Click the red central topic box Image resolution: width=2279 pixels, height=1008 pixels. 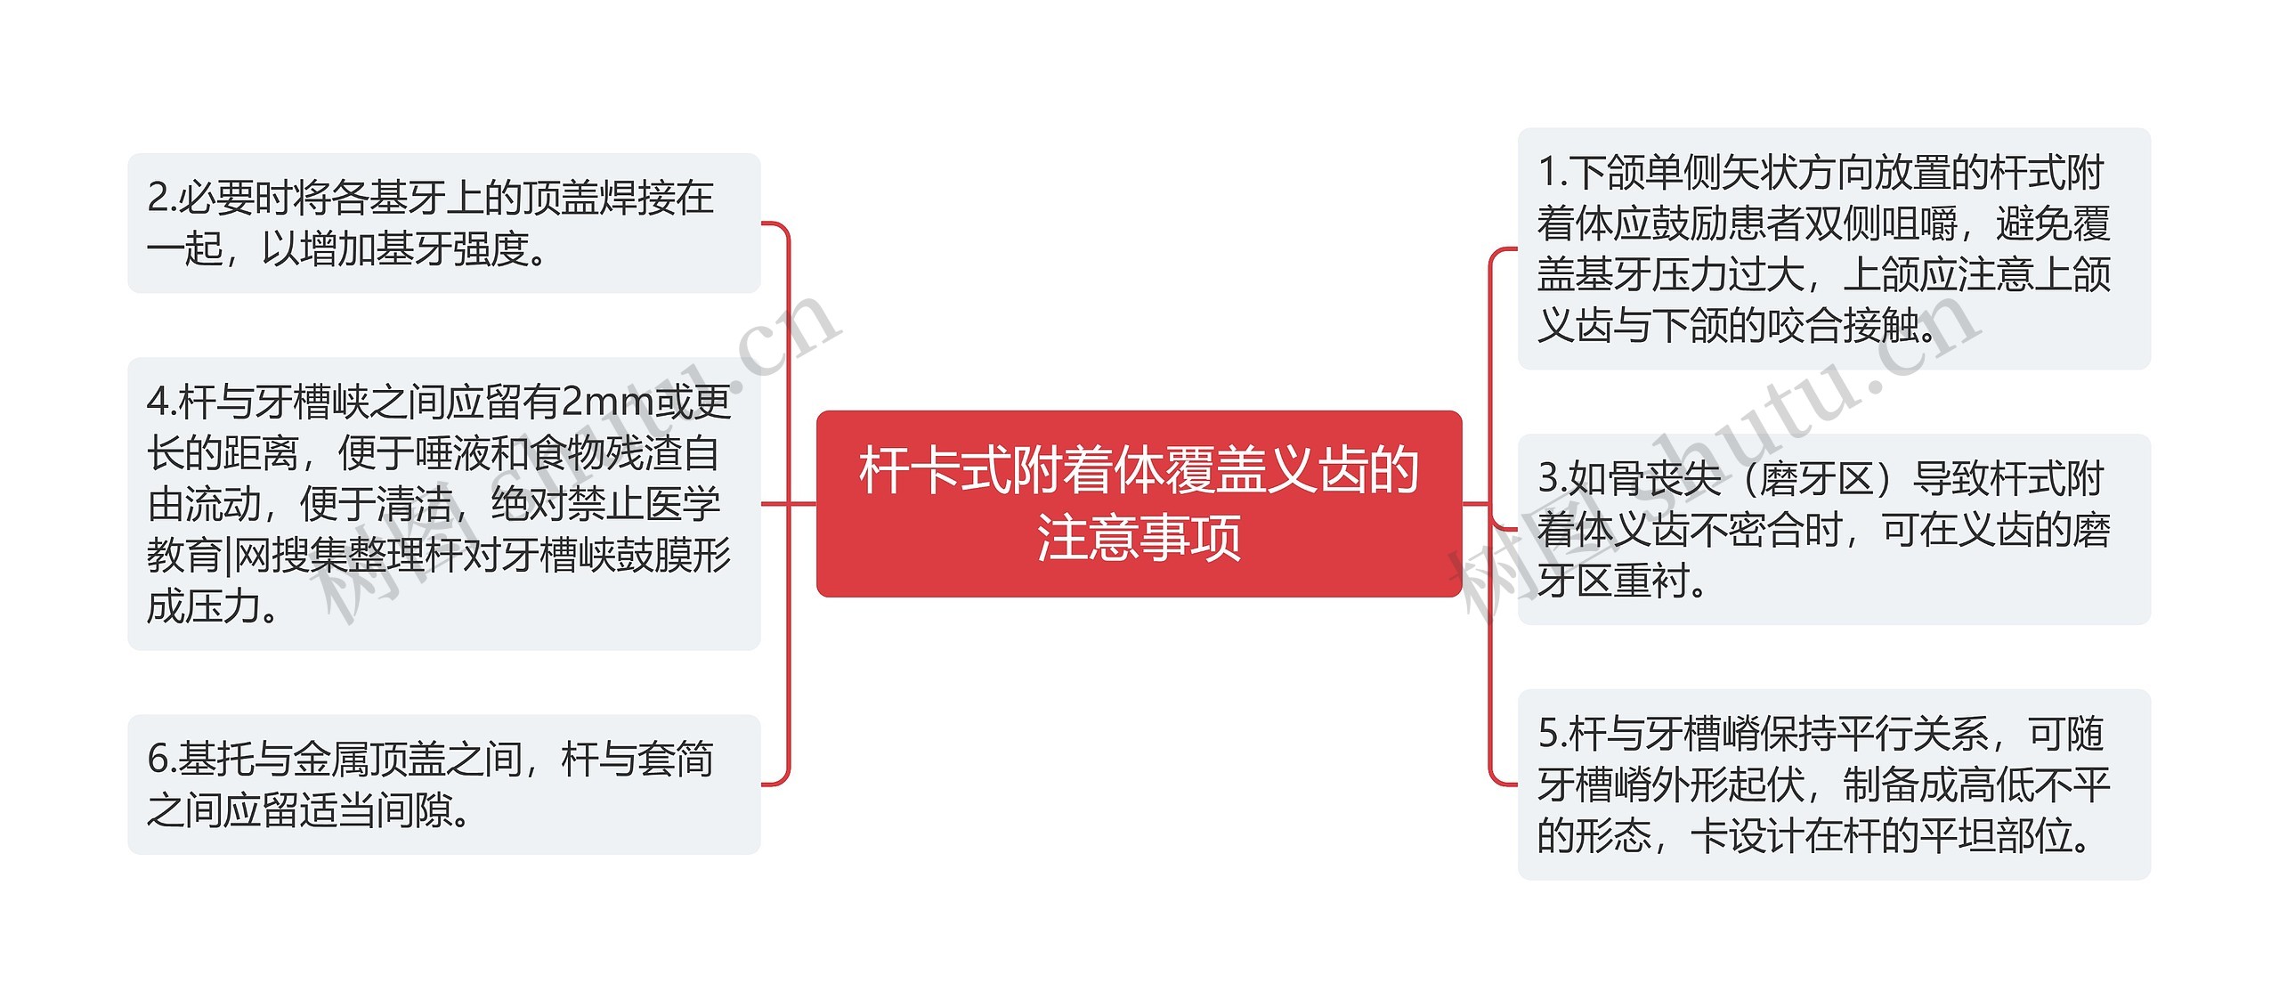point(1139,503)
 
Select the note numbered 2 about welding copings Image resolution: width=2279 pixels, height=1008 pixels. point(443,223)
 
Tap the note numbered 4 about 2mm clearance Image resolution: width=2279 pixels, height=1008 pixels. point(443,503)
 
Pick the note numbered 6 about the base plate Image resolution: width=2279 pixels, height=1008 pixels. point(443,784)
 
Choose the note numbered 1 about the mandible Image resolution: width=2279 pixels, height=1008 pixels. point(1833,248)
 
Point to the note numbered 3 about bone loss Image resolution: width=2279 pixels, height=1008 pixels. point(1833,529)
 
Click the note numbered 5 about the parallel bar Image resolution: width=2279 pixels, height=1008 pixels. point(1833,784)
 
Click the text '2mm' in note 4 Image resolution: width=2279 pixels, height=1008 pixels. point(607,402)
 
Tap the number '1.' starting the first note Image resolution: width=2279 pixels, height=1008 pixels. point(1553,173)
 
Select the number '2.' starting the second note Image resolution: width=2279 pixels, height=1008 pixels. point(161,198)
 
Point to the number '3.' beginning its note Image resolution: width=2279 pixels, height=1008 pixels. point(1553,479)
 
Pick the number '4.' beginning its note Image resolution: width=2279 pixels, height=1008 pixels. point(161,402)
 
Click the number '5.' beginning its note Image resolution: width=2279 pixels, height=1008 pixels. point(1553,735)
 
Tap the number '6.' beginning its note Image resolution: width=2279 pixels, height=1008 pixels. point(161,760)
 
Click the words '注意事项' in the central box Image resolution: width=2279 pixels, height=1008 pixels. point(1139,537)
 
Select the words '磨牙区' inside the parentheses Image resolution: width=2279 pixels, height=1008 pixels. point(1817,479)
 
